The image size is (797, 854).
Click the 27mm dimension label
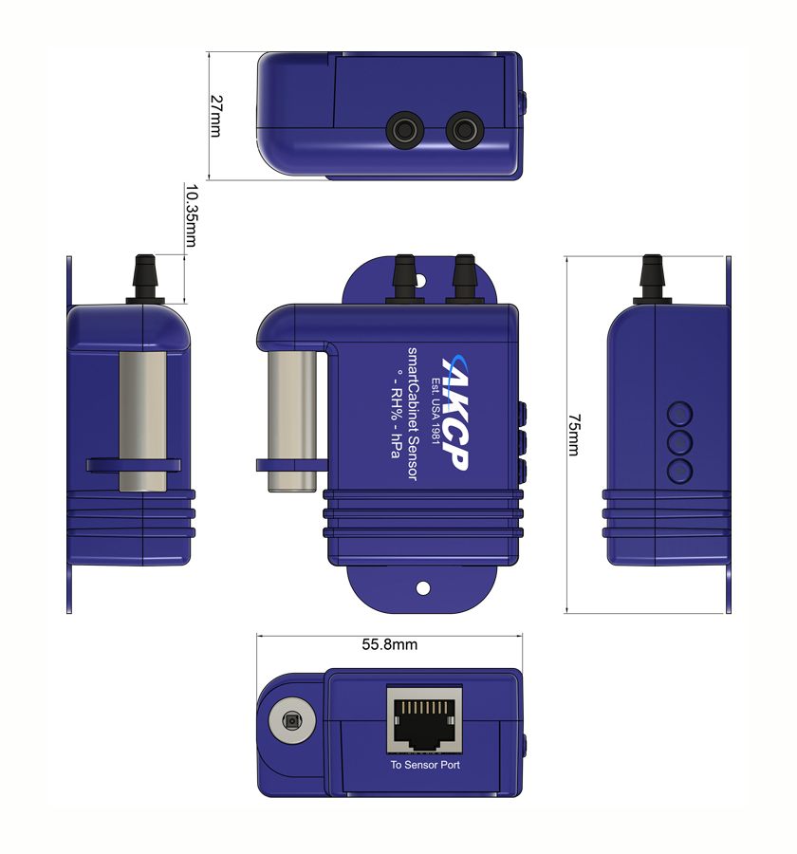[216, 116]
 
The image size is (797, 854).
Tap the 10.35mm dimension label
[192, 215]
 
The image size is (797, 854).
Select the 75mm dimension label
[574, 435]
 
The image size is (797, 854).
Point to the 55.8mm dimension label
[390, 644]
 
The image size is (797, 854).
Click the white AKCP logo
[454, 413]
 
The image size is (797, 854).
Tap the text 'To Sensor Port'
[425, 765]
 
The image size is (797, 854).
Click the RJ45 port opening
[424, 720]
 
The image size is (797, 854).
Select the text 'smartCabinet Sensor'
[413, 414]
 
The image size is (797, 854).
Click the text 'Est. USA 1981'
[435, 411]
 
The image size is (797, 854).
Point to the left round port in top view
[405, 131]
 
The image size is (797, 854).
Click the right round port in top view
[465, 131]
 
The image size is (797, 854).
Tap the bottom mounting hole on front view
[423, 588]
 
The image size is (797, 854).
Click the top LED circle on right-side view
[679, 415]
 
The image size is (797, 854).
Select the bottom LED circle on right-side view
[679, 471]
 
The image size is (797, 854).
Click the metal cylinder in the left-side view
[142, 421]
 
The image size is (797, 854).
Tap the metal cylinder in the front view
[292, 421]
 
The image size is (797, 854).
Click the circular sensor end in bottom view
[292, 721]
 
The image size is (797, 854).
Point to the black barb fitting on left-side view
[145, 279]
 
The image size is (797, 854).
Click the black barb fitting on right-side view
[652, 279]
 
